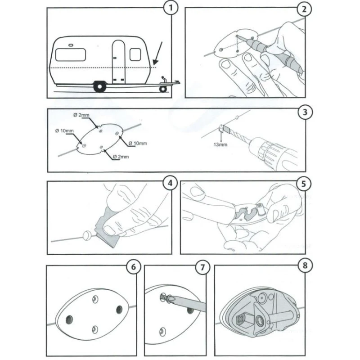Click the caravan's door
point(118,61)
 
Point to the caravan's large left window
point(71,55)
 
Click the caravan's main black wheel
point(99,86)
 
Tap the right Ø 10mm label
point(138,143)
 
